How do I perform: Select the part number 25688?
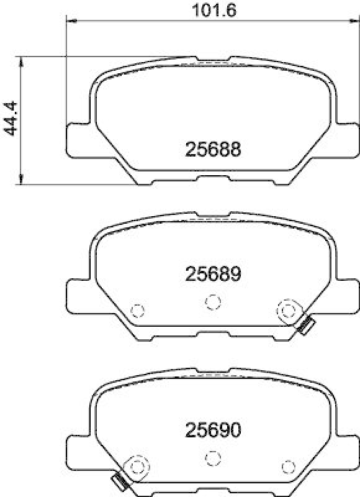click(212, 149)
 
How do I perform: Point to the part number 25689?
click(212, 273)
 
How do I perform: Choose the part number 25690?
click(212, 429)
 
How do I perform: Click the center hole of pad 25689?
click(213, 302)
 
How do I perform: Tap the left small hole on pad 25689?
click(138, 310)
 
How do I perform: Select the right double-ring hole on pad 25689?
click(287, 309)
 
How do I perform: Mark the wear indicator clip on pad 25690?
click(119, 481)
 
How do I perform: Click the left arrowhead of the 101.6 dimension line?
click(70, 22)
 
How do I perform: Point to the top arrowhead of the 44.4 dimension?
click(23, 59)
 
